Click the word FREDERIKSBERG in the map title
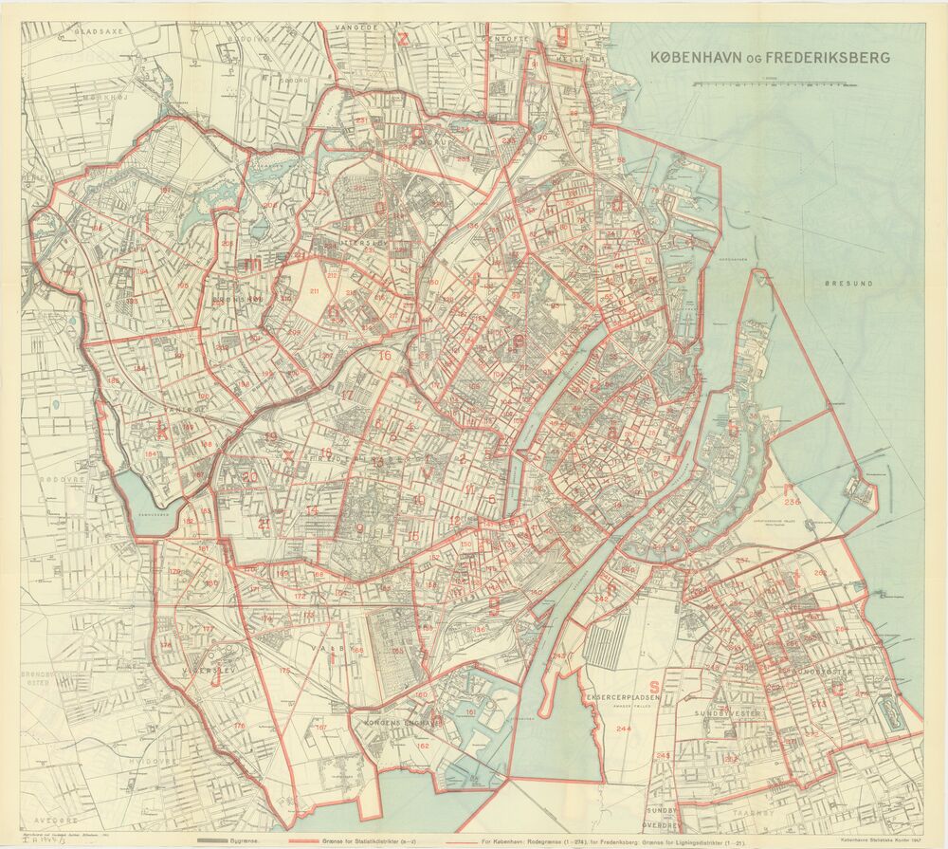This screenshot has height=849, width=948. pos(833,58)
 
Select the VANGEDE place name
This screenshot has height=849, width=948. pos(354,28)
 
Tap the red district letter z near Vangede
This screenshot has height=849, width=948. pos(404,39)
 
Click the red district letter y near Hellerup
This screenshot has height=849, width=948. pos(562,39)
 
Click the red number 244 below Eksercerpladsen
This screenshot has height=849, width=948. pos(623,729)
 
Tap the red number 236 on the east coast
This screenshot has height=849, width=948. pos(792,502)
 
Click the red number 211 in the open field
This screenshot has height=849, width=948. pos(314,290)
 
